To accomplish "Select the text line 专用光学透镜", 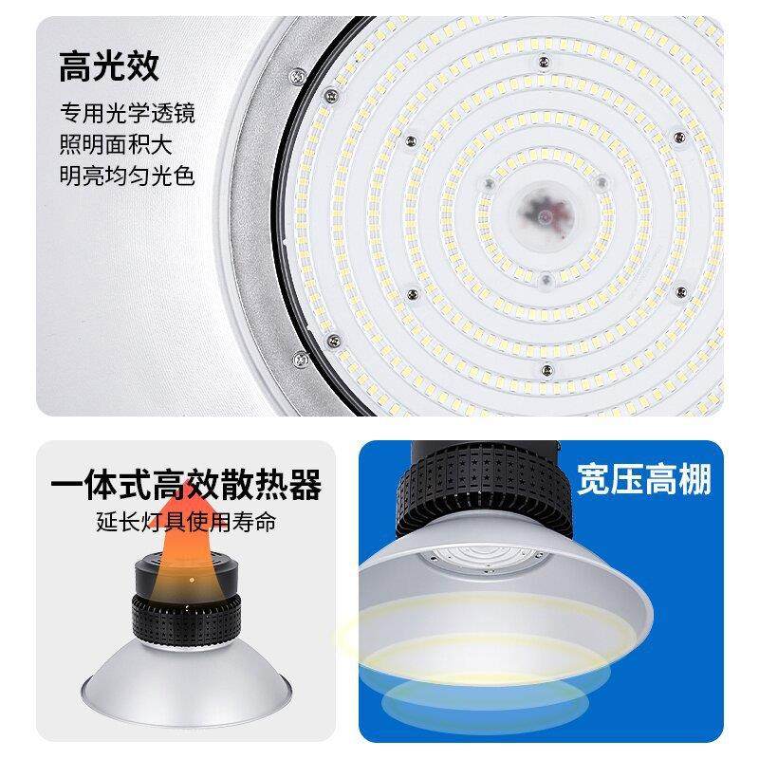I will pyautogui.click(x=127, y=115).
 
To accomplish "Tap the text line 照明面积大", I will pyautogui.click(x=118, y=145).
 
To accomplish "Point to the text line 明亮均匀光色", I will pyautogui.click(x=127, y=176).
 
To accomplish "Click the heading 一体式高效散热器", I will pyautogui.click(x=185, y=487).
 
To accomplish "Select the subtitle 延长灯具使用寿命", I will pyautogui.click(x=185, y=522).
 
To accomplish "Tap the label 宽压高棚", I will pyautogui.click(x=643, y=481).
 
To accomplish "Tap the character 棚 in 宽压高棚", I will pyautogui.click(x=694, y=481).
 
